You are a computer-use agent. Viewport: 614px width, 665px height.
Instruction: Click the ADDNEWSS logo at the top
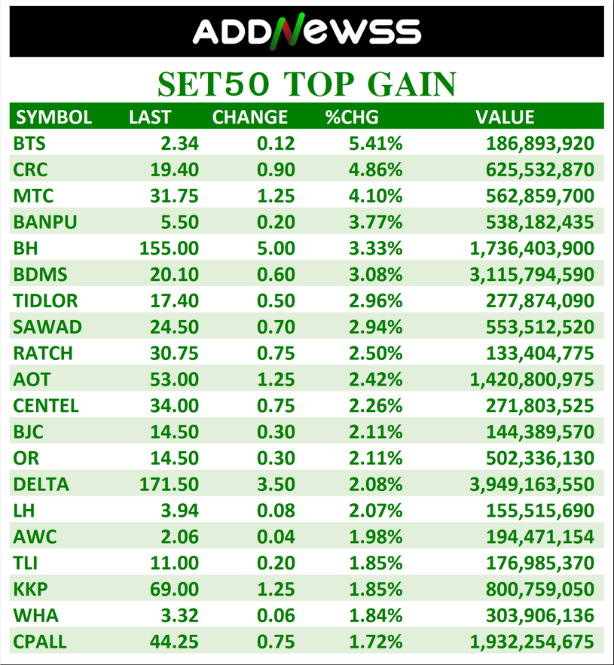[x=307, y=32]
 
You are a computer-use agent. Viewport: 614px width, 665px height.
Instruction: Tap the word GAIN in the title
[x=406, y=84]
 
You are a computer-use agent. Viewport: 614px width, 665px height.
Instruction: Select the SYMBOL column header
[x=53, y=117]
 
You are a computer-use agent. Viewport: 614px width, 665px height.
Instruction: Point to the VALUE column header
[x=505, y=117]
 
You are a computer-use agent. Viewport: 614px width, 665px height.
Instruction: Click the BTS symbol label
[x=29, y=143]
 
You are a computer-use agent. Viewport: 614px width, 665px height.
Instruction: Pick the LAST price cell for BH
[x=170, y=248]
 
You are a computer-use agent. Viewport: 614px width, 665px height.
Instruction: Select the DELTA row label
[x=41, y=484]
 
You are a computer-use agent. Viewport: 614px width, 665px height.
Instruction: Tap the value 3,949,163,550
[x=532, y=484]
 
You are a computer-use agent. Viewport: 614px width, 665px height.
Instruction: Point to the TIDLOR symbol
[x=45, y=300]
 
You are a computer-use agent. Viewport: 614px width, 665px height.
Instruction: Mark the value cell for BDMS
[x=532, y=274]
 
